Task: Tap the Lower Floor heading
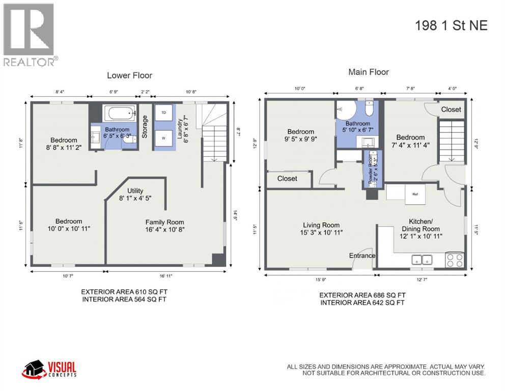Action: point(129,75)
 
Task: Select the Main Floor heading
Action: point(368,72)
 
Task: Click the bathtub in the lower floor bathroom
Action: point(119,113)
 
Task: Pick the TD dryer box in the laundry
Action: point(164,112)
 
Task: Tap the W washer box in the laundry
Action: point(164,137)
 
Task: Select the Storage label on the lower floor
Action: point(145,127)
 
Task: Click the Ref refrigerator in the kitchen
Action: point(415,194)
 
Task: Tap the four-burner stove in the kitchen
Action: point(455,260)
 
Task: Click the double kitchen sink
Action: point(422,260)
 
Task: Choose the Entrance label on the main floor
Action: point(362,256)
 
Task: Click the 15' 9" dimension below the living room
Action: point(321,279)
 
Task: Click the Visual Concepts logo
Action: point(49,369)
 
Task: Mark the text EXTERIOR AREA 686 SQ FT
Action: point(362,295)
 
